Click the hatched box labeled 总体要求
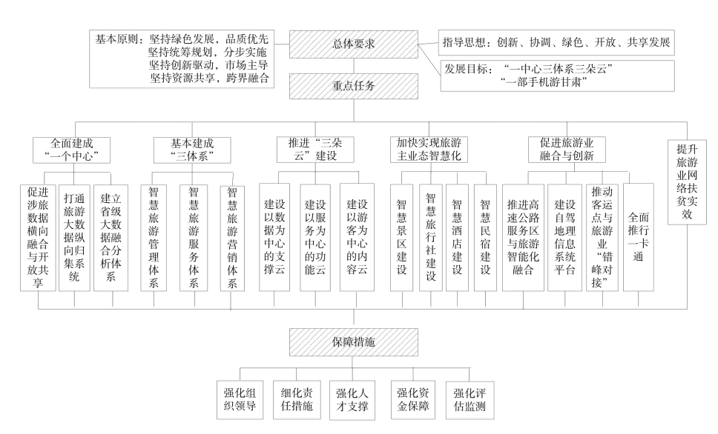(x=354, y=44)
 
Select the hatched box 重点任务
(x=354, y=86)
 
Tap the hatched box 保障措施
(x=354, y=342)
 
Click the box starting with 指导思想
(x=556, y=42)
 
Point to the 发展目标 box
(x=557, y=76)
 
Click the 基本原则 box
(x=182, y=59)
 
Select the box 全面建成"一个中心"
(x=71, y=150)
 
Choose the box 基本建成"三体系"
(x=192, y=150)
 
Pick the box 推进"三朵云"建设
(x=315, y=150)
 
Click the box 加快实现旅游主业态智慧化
(x=429, y=150)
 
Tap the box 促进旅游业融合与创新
(x=567, y=150)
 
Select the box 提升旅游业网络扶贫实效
(x=687, y=182)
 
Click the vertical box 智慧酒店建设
(x=457, y=238)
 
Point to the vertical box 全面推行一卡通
(x=639, y=237)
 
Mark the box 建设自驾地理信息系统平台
(x=564, y=237)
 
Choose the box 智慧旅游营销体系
(x=232, y=238)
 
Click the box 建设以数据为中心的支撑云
(x=274, y=237)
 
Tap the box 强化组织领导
(x=240, y=400)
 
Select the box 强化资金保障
(x=413, y=400)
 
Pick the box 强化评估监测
(x=470, y=400)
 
